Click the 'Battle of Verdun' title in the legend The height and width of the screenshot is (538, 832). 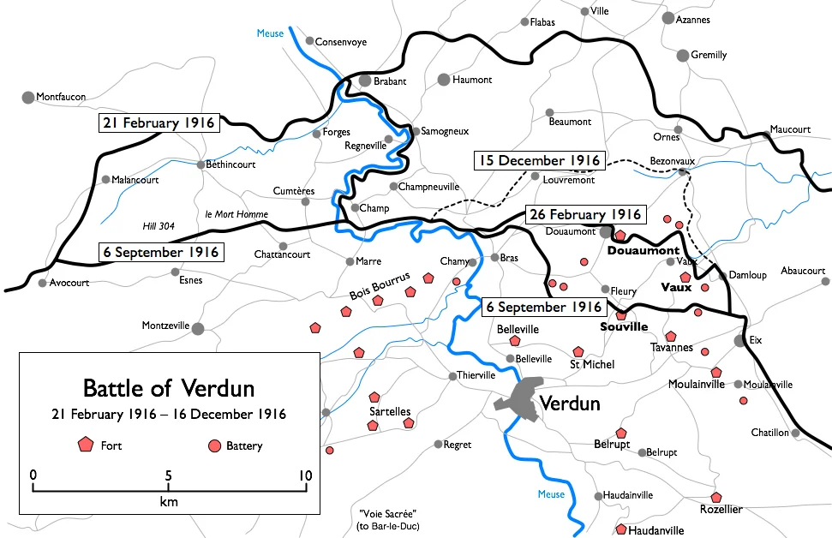168,387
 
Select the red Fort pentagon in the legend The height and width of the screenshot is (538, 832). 85,445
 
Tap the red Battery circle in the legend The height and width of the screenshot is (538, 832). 214,445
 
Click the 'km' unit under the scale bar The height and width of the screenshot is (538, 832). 169,502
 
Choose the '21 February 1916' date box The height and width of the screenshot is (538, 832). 159,123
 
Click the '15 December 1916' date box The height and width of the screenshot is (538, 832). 539,160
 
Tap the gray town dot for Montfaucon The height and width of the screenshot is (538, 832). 28,98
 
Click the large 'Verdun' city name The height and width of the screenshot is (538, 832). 572,404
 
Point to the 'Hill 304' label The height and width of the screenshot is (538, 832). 159,226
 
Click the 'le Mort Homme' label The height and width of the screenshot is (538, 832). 236,214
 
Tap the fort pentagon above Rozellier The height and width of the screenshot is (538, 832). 716,497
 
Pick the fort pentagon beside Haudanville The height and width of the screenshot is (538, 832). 621,530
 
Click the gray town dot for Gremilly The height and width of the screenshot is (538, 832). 683,56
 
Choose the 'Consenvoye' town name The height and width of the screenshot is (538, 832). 340,40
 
